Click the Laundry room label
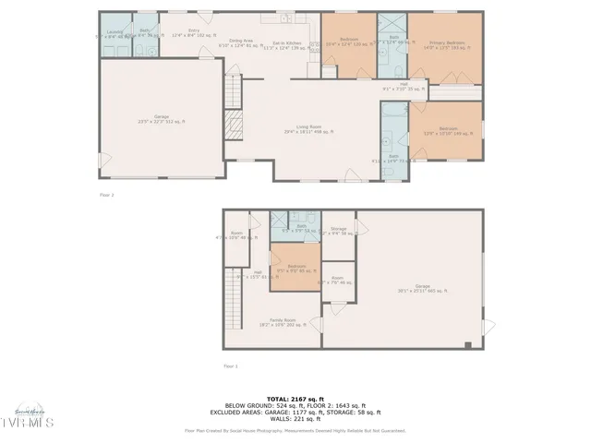pos(115,33)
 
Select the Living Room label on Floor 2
pos(309,128)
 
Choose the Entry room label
pos(193,32)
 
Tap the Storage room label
pos(338,231)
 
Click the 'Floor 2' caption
pos(107,196)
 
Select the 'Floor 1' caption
pos(230,366)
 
